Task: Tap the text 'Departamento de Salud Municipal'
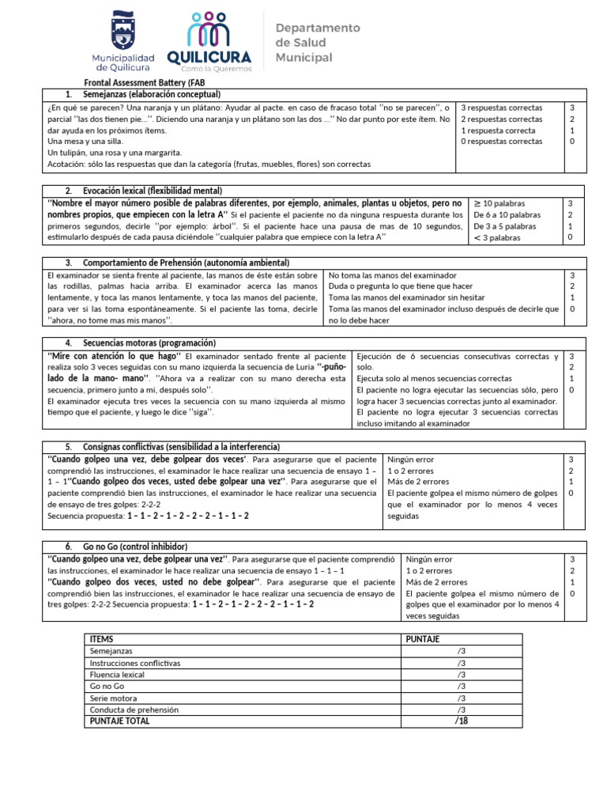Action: click(x=317, y=43)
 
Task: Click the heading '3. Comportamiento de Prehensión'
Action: click(x=177, y=263)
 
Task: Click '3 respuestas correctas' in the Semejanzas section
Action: click(x=501, y=108)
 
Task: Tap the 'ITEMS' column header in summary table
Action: click(x=102, y=638)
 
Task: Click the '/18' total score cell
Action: click(x=461, y=721)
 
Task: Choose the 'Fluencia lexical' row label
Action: click(x=117, y=675)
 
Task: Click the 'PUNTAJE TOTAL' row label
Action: click(x=119, y=721)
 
